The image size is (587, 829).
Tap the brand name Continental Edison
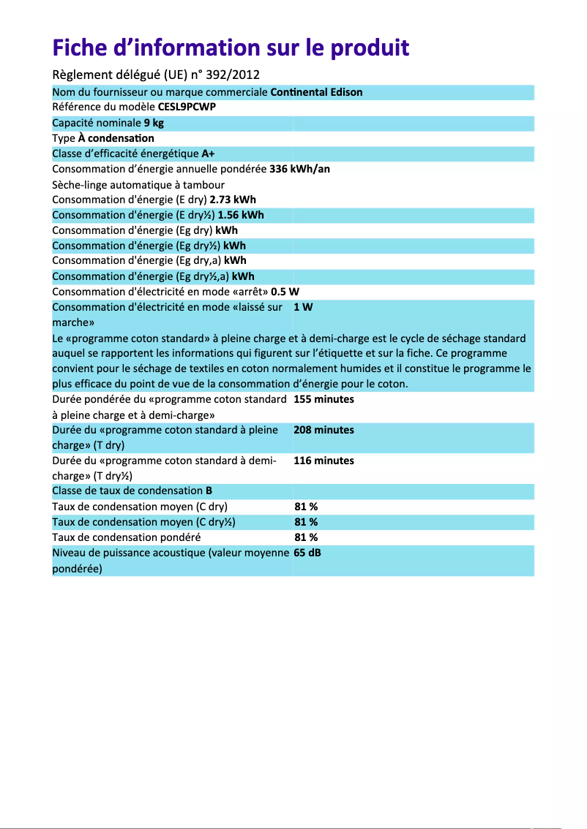point(316,92)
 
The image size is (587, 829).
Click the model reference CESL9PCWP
point(187,107)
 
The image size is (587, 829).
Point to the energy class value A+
point(208,154)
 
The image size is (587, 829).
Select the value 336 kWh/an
point(299,169)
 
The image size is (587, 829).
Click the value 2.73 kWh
point(233,200)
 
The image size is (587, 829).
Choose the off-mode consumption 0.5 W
point(285,292)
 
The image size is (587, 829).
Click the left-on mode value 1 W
point(303,307)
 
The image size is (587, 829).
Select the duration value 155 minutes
point(324,399)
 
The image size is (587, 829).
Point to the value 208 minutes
point(324,430)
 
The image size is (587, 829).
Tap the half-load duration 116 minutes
point(324,461)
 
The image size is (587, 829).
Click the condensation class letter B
point(209,491)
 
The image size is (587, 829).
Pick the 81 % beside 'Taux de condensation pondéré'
point(305,537)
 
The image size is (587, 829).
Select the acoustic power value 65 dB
point(307,553)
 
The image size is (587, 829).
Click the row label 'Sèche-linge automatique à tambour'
point(138,184)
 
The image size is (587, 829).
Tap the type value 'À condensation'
point(121,138)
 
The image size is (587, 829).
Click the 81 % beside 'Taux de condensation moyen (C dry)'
point(305,507)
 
